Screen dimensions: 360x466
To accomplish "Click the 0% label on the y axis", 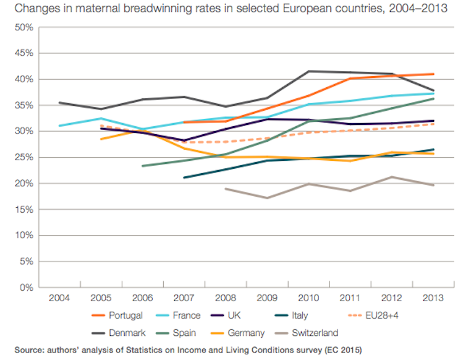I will point(25,287).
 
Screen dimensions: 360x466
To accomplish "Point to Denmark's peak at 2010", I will point(308,71).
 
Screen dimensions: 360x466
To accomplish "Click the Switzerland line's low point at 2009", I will point(266,198).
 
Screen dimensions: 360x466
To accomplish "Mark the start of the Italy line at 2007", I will point(184,178).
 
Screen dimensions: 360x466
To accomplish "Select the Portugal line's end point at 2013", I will point(432,74).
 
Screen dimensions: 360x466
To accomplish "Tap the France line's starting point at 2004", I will point(59,126).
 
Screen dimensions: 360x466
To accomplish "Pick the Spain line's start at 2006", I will point(142,166).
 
